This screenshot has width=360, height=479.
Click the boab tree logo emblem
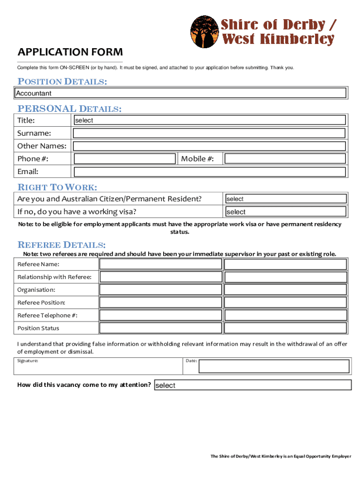204,32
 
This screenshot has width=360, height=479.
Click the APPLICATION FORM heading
70,52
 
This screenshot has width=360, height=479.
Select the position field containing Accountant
180,93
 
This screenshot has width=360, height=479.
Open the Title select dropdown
210,120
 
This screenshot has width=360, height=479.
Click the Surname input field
210,133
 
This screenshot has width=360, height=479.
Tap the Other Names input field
210,145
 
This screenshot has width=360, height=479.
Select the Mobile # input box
285,159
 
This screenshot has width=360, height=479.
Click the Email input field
210,171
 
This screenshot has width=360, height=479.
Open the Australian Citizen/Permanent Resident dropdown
286,199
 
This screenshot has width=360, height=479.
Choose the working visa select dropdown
286,211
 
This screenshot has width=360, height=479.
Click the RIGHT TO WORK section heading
57,188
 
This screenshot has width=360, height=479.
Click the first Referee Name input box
161,264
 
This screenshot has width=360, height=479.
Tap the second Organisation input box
286,290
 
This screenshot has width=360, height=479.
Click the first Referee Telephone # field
161,315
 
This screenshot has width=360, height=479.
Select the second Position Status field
286,328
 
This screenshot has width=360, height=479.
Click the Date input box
274,366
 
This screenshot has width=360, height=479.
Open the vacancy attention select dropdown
252,385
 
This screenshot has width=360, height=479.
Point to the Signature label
28,361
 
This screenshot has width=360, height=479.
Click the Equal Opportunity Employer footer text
281,457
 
